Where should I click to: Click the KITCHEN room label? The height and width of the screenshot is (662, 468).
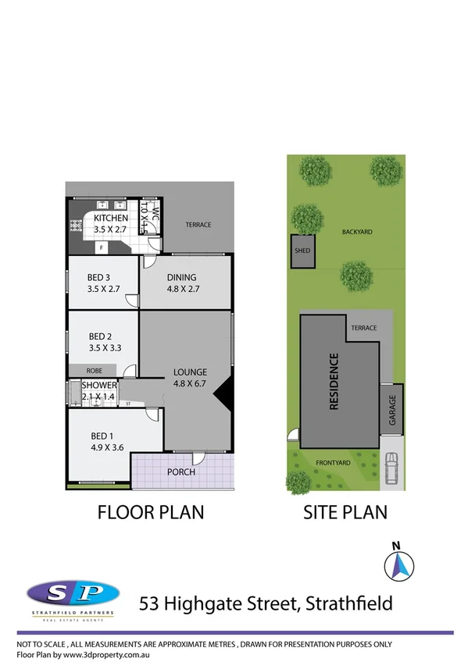(x=110, y=219)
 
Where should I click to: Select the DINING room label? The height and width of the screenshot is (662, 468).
(x=182, y=277)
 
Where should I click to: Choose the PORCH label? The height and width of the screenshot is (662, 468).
(x=181, y=472)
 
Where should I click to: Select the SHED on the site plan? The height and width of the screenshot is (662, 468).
(x=302, y=251)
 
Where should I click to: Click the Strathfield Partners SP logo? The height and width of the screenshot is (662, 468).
(x=73, y=594)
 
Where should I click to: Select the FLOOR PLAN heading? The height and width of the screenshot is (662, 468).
(x=150, y=513)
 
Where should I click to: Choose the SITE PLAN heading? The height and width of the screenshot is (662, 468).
(x=345, y=513)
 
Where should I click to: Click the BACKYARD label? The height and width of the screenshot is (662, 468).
(x=357, y=232)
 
